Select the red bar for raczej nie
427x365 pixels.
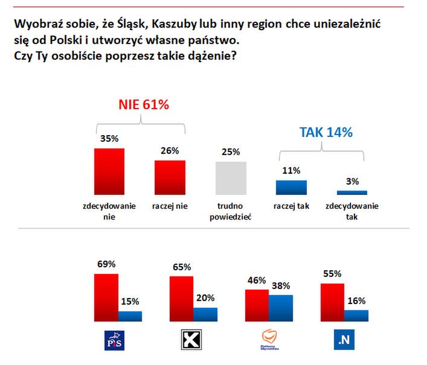pos(170,177)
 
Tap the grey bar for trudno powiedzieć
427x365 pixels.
pos(231,178)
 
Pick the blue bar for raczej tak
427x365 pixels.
pos(291,187)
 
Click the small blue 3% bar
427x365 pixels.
pos(352,192)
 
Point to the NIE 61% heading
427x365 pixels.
pos(143,105)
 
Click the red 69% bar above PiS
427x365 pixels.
pos(106,296)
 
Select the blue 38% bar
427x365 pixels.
pos(280,306)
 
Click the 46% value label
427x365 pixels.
pos(257,280)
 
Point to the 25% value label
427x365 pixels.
pos(231,152)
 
